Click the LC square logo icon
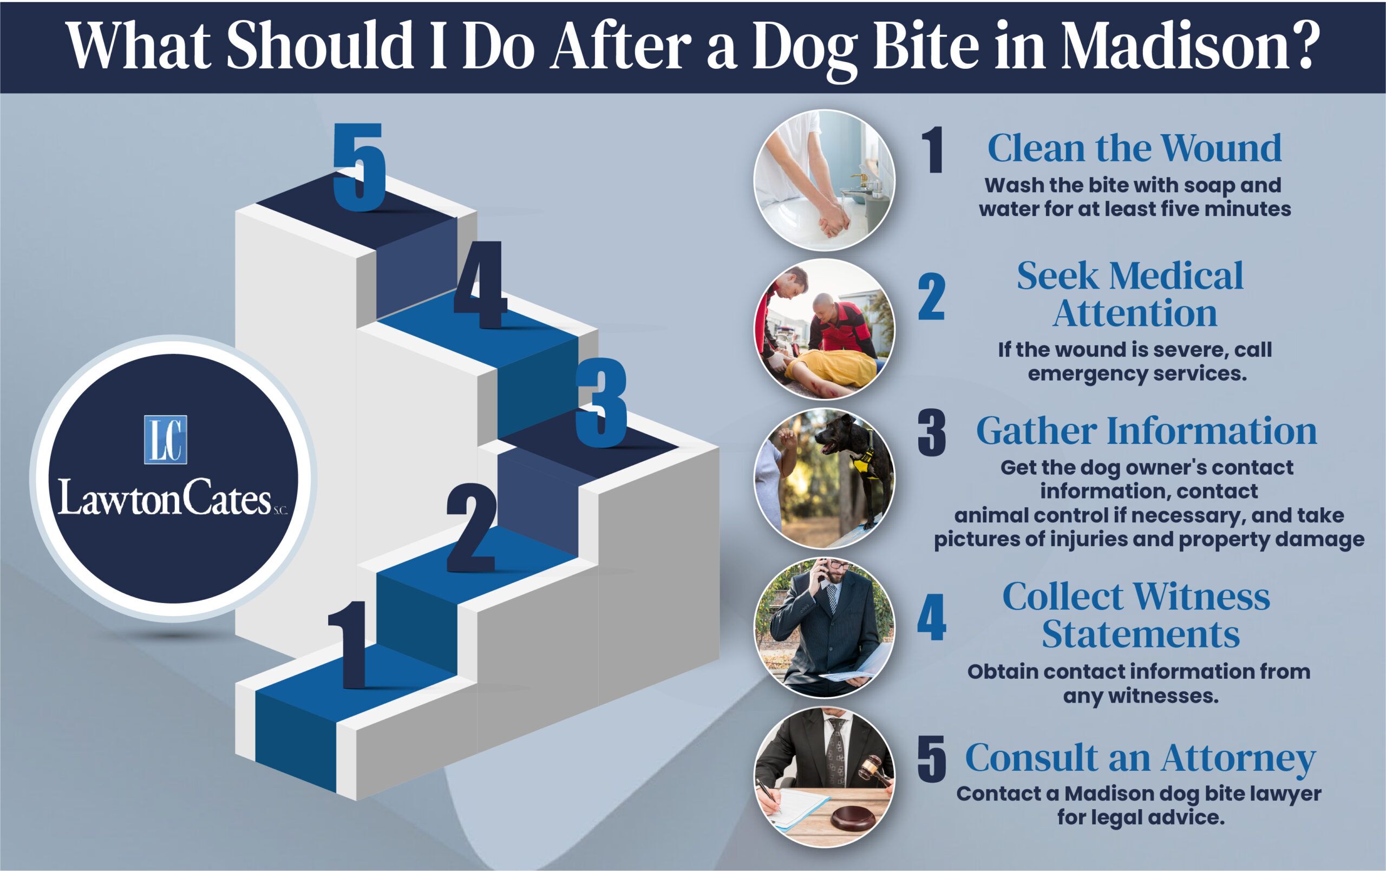[x=165, y=440]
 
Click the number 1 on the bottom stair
[x=348, y=644]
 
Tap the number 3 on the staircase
[x=601, y=402]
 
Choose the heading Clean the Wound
[x=1134, y=148]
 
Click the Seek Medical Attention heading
[x=1131, y=294]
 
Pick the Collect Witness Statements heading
[x=1137, y=615]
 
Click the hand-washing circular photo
[x=824, y=180]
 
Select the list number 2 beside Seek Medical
[x=931, y=297]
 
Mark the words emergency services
[x=1137, y=374]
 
